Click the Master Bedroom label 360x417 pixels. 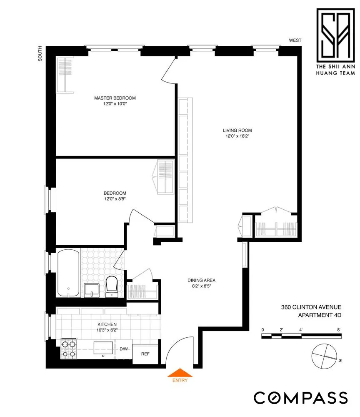pyautogui.click(x=115, y=98)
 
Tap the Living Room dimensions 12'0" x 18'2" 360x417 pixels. pyautogui.click(x=237, y=136)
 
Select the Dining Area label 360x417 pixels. pyautogui.click(x=201, y=280)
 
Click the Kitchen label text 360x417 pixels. pyautogui.click(x=107, y=324)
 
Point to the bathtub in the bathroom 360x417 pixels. pyautogui.click(x=68, y=272)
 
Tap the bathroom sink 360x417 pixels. pyautogui.click(x=91, y=289)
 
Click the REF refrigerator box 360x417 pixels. pyautogui.click(x=145, y=354)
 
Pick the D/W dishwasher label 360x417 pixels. pyautogui.click(x=124, y=349)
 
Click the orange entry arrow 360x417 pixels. pyautogui.click(x=180, y=372)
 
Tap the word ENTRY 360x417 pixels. pyautogui.click(x=180, y=380)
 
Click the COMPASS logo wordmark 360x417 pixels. pyautogui.click(x=300, y=397)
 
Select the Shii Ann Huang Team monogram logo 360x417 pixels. pyautogui.click(x=335, y=34)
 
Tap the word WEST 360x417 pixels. pyautogui.click(x=295, y=40)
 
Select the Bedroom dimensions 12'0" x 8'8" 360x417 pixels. pyautogui.click(x=115, y=199)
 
